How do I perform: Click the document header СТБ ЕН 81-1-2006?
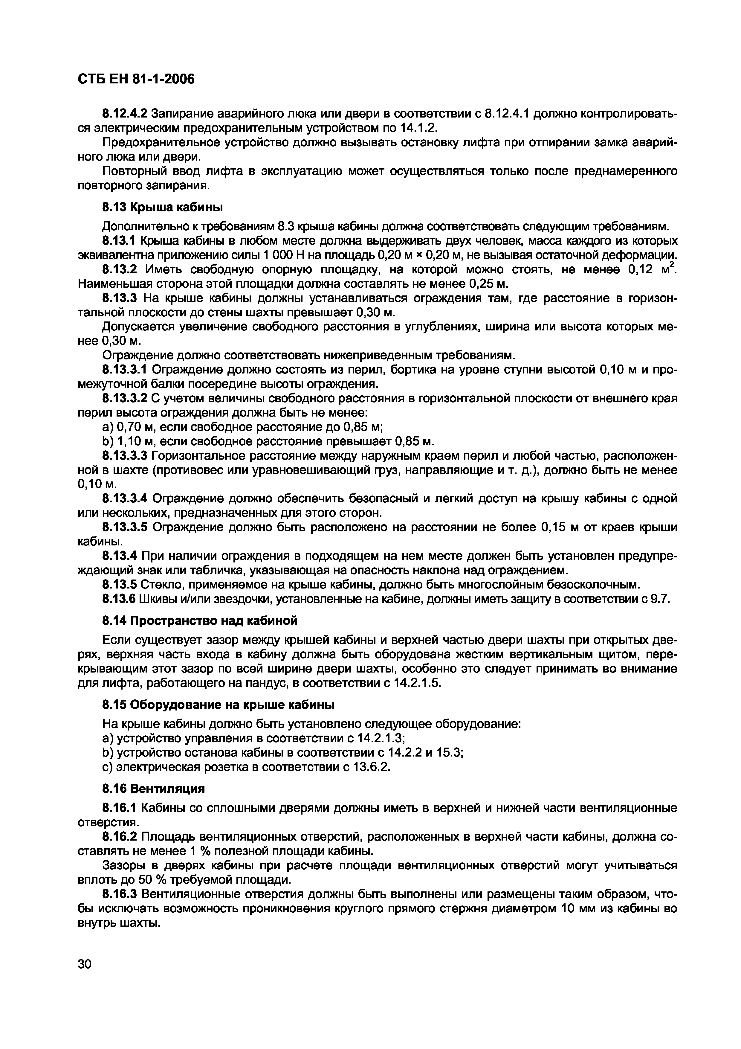(x=136, y=80)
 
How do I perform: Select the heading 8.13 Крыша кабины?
(x=162, y=208)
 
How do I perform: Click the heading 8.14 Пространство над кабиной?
(x=199, y=620)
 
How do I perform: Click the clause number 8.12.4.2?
(x=124, y=113)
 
